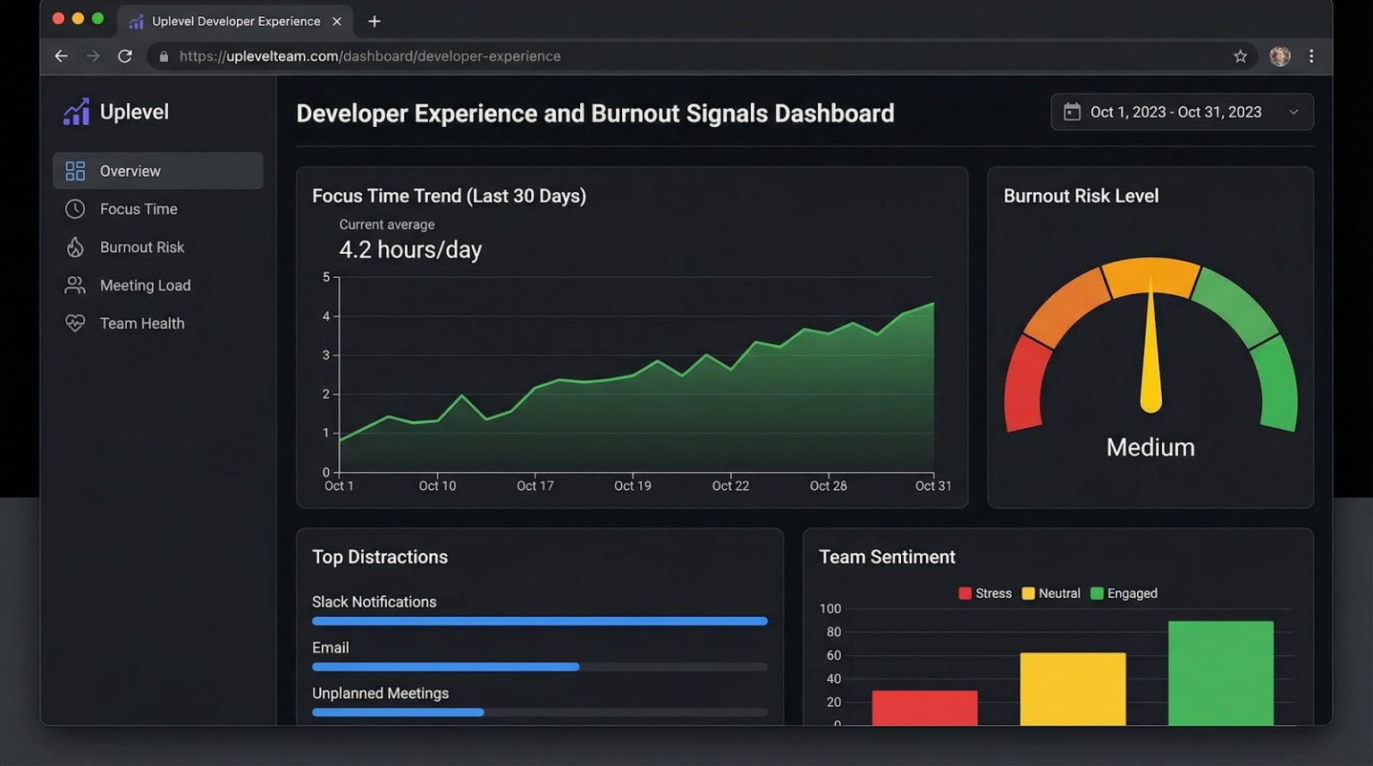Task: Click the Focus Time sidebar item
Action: click(138, 209)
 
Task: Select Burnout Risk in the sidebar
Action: click(141, 248)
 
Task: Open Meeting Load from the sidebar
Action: click(145, 286)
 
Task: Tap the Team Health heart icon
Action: click(75, 324)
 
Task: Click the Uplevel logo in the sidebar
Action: click(77, 112)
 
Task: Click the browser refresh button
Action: click(125, 56)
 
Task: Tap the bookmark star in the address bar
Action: click(1241, 56)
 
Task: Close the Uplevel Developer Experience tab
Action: click(337, 21)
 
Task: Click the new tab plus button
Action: click(375, 21)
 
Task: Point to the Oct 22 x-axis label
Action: click(730, 486)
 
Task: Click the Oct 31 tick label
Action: click(933, 486)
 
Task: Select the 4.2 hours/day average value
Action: click(410, 250)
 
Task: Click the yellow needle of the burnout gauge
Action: click(1151, 358)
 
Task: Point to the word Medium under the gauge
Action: click(1150, 448)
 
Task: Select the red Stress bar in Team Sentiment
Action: click(924, 708)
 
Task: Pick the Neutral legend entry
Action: click(1051, 593)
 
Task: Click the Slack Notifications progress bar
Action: click(539, 621)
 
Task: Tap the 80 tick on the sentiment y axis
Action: click(833, 633)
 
